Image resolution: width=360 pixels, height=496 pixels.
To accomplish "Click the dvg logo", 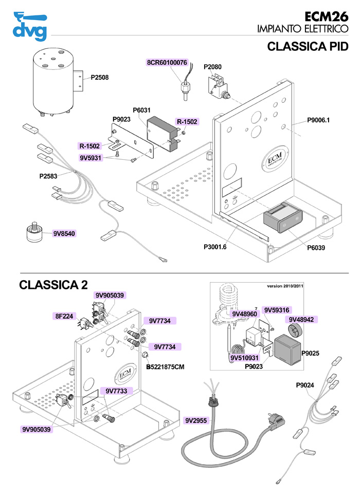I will (x=30, y=26).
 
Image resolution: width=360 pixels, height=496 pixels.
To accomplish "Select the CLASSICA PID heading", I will (x=308, y=47).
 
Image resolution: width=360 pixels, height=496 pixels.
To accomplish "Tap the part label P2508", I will (x=100, y=78).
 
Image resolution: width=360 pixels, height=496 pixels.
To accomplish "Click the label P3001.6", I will (x=215, y=247).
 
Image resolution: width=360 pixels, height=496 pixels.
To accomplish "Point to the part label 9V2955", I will (x=196, y=420).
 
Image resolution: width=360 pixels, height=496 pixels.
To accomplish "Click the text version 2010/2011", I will (x=286, y=286).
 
